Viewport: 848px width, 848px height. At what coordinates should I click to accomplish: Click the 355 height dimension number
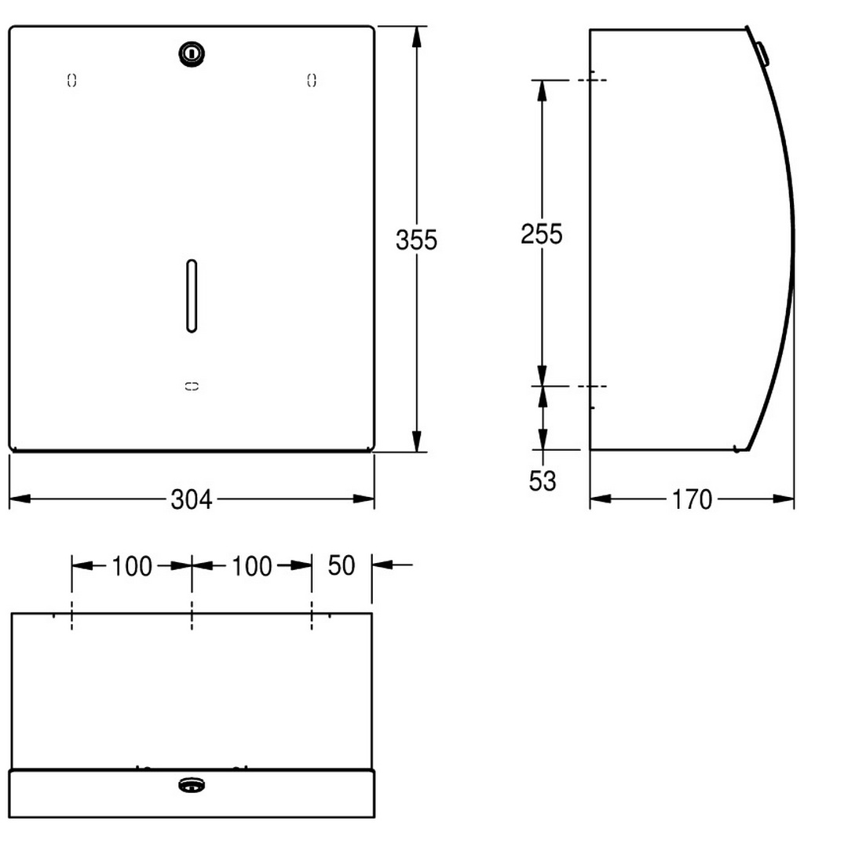point(416,240)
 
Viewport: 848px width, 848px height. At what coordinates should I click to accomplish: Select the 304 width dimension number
point(192,499)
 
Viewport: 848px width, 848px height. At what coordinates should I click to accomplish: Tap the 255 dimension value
point(541,234)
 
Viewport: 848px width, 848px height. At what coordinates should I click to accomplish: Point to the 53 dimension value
point(543,481)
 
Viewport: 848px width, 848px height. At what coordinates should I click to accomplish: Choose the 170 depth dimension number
point(692,499)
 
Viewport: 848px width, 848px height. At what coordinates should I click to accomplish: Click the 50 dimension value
point(342,565)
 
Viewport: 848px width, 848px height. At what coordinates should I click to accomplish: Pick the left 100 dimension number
point(131,567)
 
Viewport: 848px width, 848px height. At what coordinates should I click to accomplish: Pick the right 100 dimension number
point(251,567)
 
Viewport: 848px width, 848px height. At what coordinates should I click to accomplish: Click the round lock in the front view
point(192,53)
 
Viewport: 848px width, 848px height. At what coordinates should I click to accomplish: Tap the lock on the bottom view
point(192,784)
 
